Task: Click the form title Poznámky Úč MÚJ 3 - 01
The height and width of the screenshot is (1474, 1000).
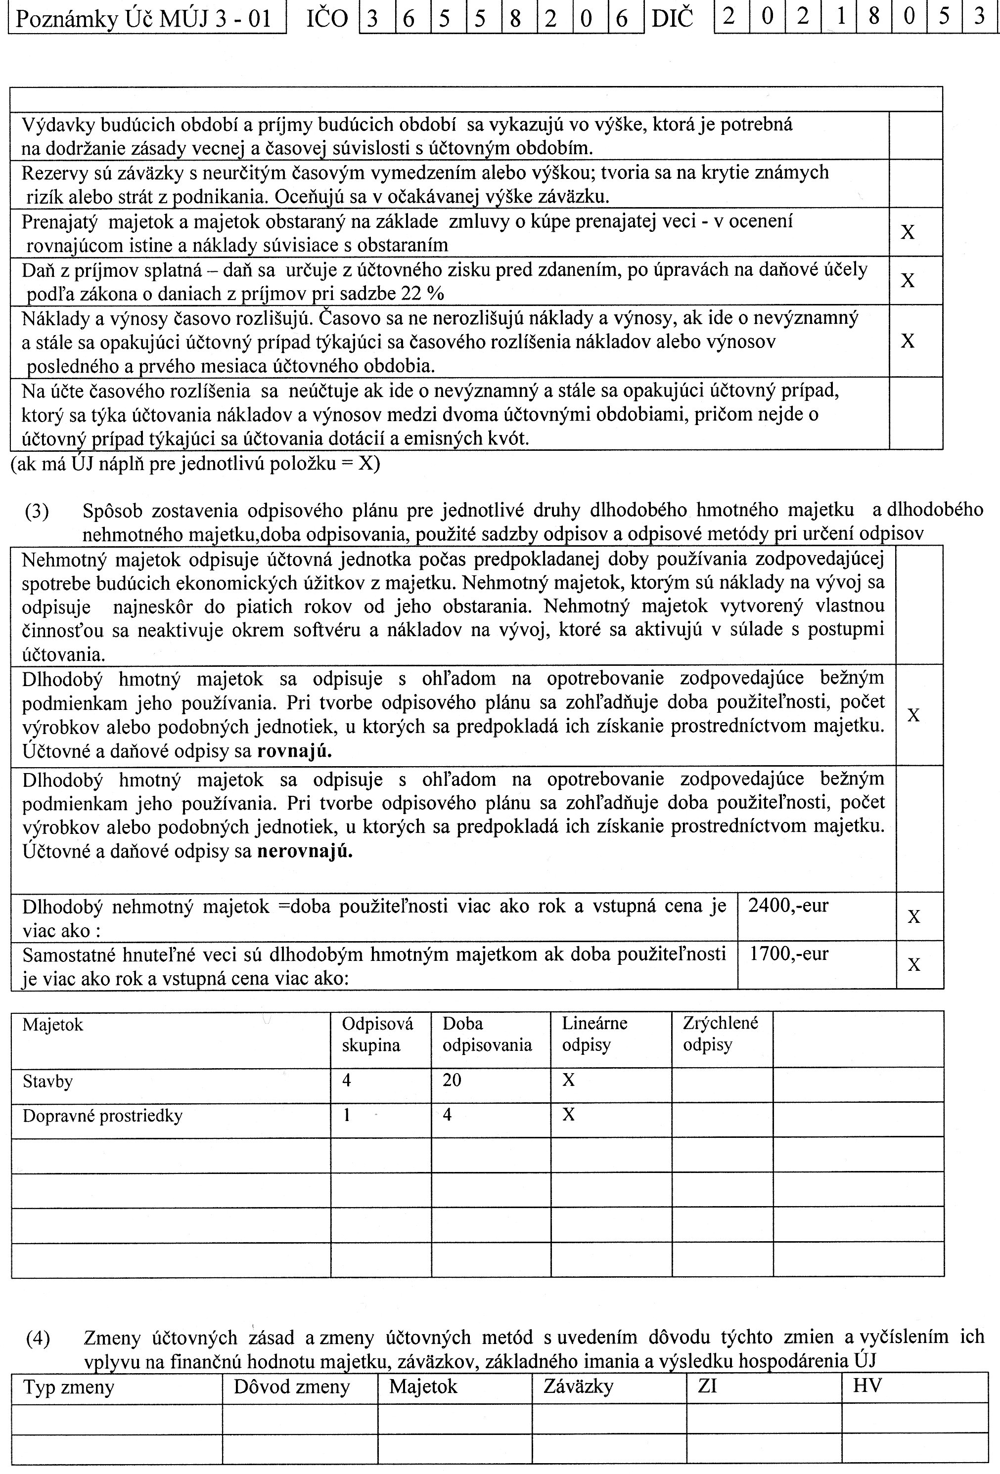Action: pyautogui.click(x=143, y=19)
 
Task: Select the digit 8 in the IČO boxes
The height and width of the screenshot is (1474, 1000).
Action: pyautogui.click(x=515, y=18)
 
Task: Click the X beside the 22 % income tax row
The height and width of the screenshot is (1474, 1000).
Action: pyautogui.click(x=908, y=280)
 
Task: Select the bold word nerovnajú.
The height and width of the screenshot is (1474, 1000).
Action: pyautogui.click(x=305, y=851)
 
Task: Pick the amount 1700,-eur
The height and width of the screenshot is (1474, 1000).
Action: pyautogui.click(x=789, y=954)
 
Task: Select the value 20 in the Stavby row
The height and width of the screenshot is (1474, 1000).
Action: pyautogui.click(x=452, y=1080)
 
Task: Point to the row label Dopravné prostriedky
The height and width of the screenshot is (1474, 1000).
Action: pyautogui.click(x=102, y=1116)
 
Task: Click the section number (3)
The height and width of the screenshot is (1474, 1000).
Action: pyautogui.click(x=37, y=511)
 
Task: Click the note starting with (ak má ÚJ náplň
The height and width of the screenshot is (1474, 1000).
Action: pyautogui.click(x=195, y=464)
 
